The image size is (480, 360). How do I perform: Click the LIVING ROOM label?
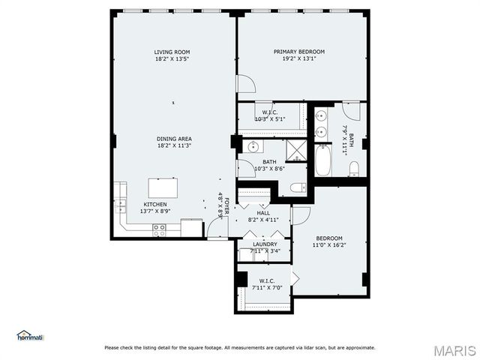point(172,52)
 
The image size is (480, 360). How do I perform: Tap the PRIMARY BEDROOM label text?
point(298,52)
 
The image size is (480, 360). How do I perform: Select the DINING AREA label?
point(174,139)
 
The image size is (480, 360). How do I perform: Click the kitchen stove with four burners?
point(160,231)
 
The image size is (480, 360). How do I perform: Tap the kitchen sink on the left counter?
point(120,202)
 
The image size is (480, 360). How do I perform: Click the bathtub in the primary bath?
point(322,160)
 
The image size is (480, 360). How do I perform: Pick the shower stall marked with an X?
point(298,151)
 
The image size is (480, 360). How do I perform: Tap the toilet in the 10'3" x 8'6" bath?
point(298,187)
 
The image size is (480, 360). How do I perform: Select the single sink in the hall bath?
point(253,146)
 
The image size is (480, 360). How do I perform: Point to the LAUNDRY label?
point(265,244)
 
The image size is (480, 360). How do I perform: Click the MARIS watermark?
point(454,349)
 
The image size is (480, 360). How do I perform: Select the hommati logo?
point(30,336)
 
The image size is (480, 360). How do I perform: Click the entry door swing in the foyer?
point(217,228)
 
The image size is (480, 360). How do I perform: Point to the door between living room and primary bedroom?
point(245,83)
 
